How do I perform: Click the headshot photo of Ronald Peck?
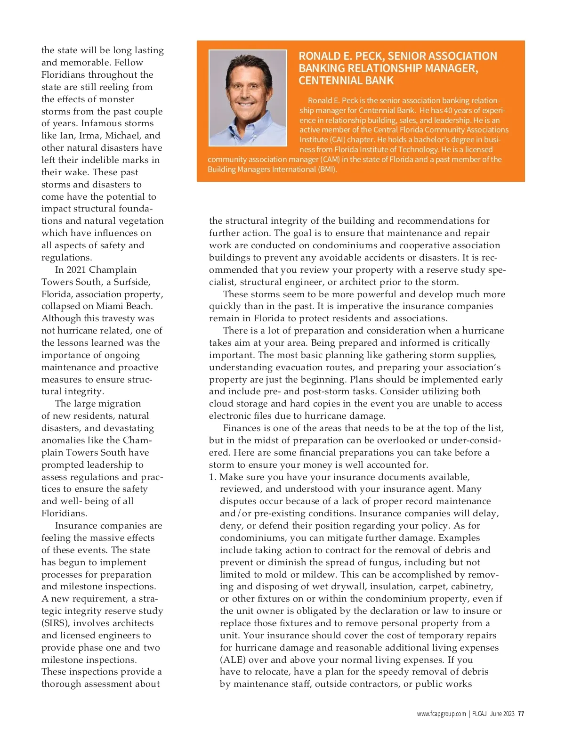(248, 98)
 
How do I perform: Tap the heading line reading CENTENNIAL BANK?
(346, 81)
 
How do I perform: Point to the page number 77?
(521, 714)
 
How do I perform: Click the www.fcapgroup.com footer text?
(441, 714)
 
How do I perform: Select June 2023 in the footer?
(502, 714)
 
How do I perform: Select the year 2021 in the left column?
(76, 270)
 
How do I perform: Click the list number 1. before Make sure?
(213, 477)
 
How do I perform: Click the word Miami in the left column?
(110, 306)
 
